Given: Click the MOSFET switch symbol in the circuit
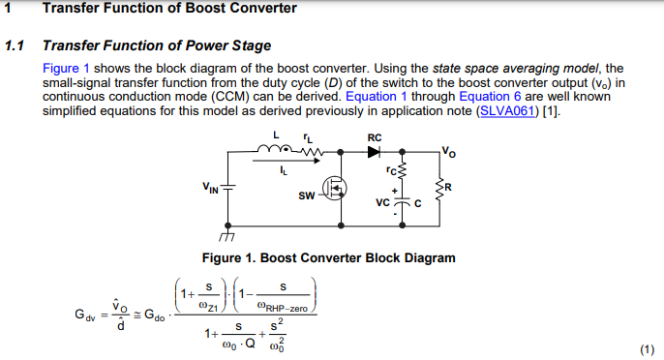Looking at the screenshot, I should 333,189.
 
